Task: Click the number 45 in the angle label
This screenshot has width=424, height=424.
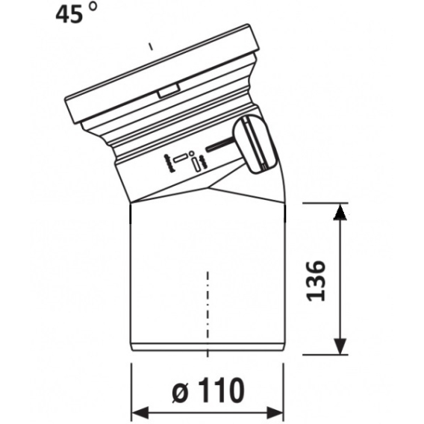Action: pos(69,14)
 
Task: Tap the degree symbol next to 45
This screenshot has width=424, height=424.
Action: pos(93,6)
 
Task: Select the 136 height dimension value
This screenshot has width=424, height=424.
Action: pos(316,281)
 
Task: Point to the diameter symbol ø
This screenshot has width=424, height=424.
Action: pos(181,393)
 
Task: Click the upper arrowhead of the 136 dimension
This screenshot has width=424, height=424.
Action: pos(340,212)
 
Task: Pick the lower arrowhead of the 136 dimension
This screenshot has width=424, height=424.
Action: pos(340,346)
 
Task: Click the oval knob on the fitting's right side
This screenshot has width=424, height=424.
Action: pos(254,144)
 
